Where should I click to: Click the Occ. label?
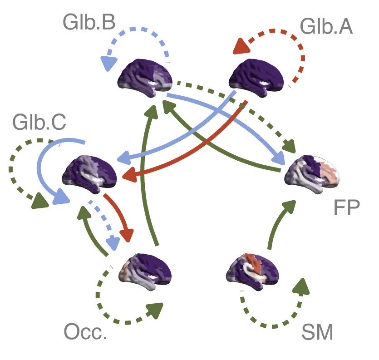86,332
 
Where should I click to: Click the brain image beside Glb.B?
145,75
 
